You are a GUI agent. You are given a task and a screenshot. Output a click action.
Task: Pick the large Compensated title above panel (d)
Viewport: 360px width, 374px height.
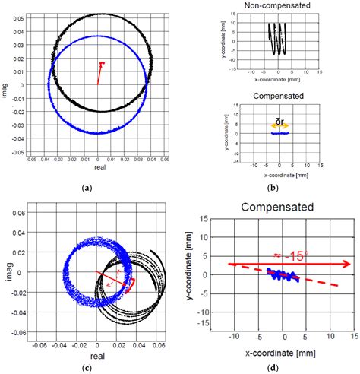point(278,208)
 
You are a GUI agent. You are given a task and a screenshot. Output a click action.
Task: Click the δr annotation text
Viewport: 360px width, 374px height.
point(280,120)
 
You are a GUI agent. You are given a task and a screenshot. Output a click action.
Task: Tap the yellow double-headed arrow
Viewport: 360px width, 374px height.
point(279,126)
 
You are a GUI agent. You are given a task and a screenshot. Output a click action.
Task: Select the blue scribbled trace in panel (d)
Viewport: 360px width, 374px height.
point(282,275)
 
